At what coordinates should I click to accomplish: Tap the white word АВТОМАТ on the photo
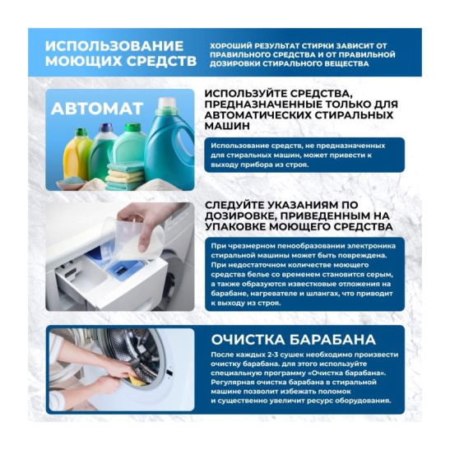tap(97, 109)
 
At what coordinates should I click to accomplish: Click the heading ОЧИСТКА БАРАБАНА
tap(293, 340)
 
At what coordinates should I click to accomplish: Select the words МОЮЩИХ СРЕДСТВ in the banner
tap(121, 61)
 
